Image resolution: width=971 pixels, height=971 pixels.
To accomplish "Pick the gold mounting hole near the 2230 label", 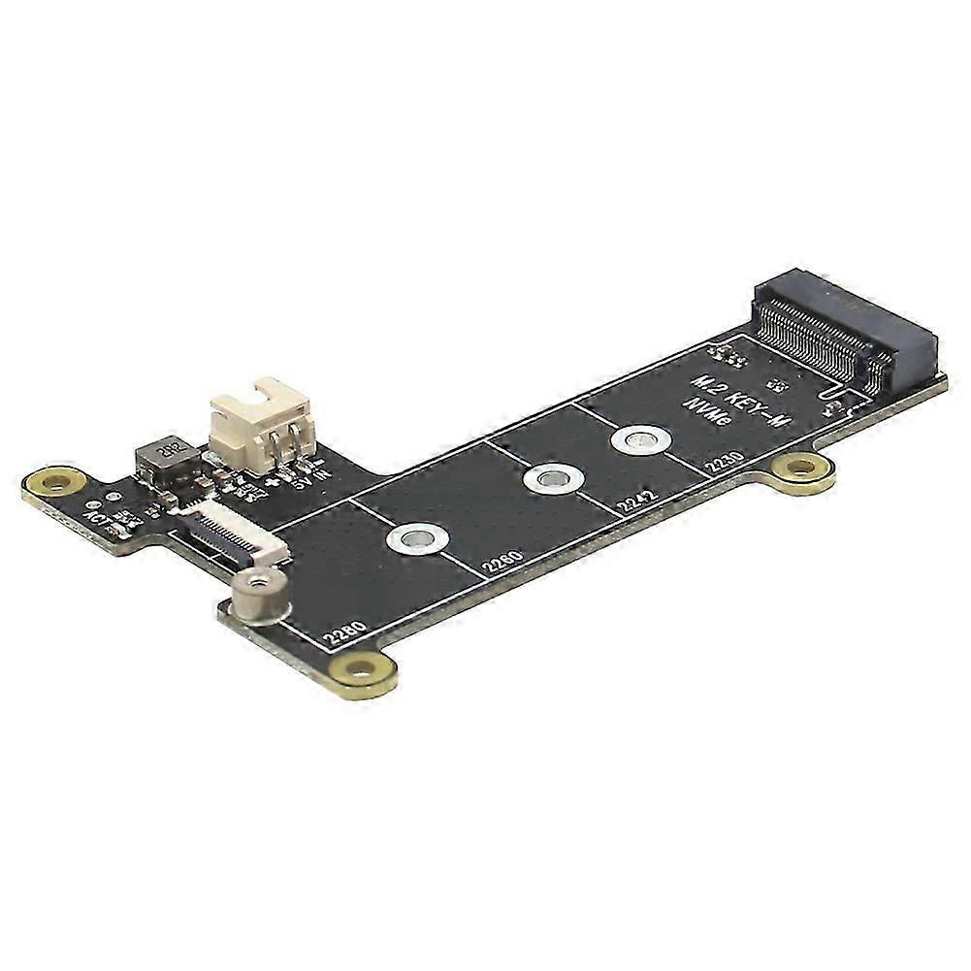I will (x=802, y=469).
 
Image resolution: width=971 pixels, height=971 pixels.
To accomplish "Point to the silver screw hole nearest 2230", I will (x=637, y=441).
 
